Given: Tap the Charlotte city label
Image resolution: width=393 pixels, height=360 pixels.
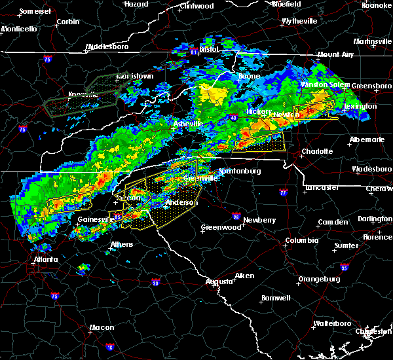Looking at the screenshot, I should (317, 151).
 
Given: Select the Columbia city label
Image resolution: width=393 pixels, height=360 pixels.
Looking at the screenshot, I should (301, 241).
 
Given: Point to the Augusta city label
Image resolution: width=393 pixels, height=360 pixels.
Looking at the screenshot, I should (219, 281).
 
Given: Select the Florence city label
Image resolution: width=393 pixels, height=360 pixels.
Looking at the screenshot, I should (377, 236).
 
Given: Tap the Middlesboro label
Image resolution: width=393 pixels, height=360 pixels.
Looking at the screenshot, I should (109, 48).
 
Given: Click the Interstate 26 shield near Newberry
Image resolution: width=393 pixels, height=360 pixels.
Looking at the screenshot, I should (236, 215).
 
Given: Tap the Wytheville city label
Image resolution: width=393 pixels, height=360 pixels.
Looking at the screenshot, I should (299, 22).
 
